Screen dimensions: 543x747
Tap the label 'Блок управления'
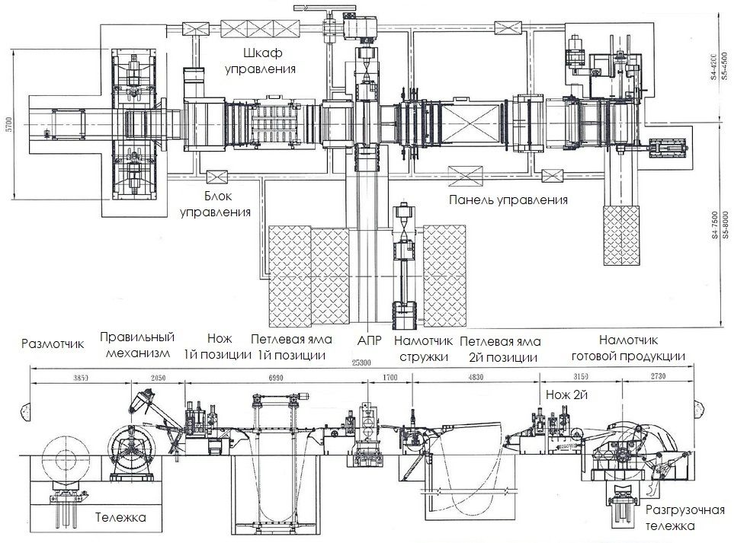[x=216, y=204]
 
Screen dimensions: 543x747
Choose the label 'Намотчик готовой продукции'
[x=629, y=348]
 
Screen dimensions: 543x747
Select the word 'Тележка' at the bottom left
[x=120, y=518]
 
